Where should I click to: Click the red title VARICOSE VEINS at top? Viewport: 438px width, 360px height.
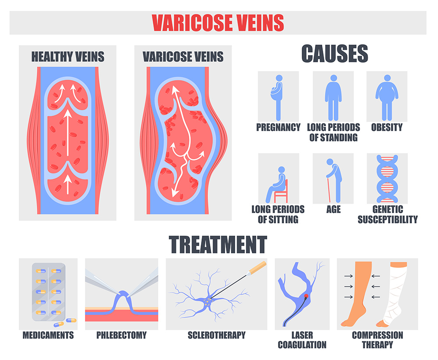click(x=218, y=22)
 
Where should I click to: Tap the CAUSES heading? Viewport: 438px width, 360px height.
click(x=334, y=54)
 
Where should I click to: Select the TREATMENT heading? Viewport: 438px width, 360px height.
click(x=218, y=244)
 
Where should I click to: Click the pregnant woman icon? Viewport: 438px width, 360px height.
click(x=277, y=97)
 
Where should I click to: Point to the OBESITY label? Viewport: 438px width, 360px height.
click(x=386, y=127)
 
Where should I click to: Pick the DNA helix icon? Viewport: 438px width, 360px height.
click(x=386, y=178)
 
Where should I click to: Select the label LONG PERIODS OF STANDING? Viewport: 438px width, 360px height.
click(x=333, y=132)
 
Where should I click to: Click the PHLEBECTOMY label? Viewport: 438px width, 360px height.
click(x=121, y=335)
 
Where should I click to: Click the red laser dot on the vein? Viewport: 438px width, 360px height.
click(x=306, y=296)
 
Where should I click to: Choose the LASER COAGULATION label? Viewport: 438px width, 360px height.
click(x=302, y=340)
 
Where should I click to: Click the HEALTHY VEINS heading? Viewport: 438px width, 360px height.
click(x=67, y=57)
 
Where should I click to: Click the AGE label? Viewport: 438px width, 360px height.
click(x=333, y=209)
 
